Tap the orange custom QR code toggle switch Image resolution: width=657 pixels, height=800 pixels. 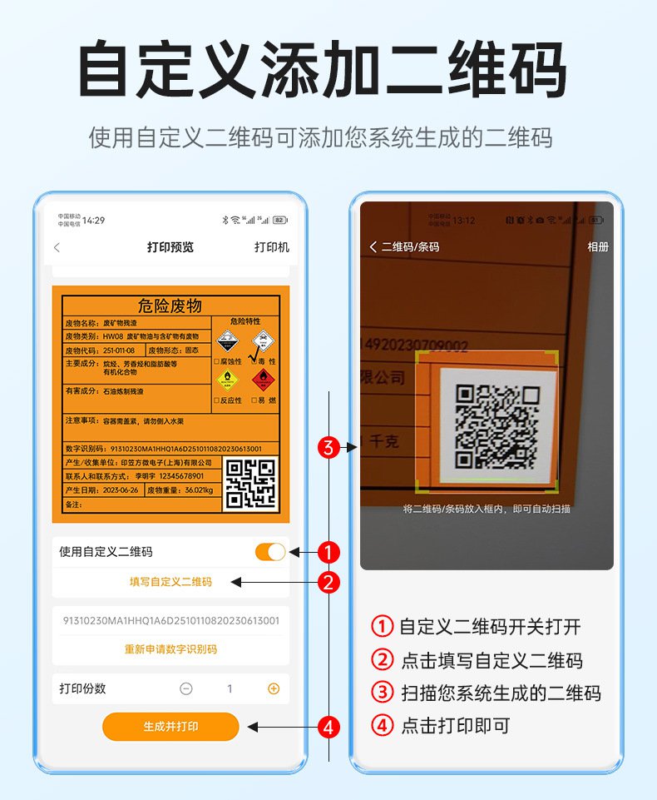[270, 551]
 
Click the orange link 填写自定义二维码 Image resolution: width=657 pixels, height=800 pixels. [170, 582]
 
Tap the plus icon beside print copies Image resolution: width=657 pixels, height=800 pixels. [274, 688]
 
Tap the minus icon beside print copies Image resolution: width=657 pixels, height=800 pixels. [186, 688]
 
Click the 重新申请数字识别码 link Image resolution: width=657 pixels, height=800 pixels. [170, 648]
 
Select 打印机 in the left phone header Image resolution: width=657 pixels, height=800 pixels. [272, 247]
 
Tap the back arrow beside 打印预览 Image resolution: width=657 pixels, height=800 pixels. [57, 247]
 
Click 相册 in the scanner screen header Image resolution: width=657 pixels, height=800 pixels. [598, 247]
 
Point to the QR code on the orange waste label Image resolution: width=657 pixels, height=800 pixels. [250, 483]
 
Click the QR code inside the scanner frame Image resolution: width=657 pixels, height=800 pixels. [496, 425]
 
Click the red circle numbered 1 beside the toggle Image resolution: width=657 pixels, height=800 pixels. [329, 551]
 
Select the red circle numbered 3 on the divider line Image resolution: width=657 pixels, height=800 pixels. [329, 447]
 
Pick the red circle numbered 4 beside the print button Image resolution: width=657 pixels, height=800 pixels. [329, 727]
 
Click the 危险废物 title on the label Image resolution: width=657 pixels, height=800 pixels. [170, 306]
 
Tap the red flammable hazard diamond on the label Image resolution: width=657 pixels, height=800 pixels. [263, 380]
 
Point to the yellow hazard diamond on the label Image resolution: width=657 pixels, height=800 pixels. [227, 380]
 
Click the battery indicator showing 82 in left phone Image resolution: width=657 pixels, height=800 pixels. [280, 221]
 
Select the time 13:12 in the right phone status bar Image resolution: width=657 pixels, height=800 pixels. [464, 221]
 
